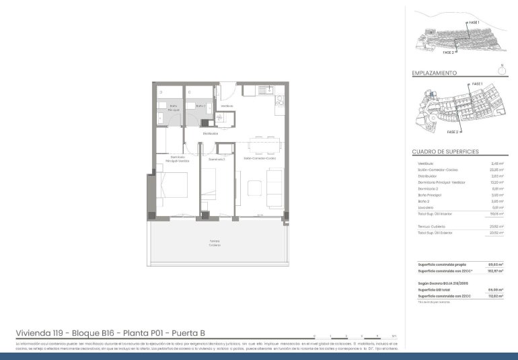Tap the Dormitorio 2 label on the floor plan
point(216,159)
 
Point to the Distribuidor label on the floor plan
point(211,133)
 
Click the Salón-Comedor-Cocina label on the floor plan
point(257,159)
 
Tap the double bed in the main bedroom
point(173,188)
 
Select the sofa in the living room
point(276,188)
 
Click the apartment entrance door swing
point(228,91)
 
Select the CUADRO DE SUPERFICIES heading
point(445,152)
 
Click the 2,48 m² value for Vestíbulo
point(498,164)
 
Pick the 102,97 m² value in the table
point(496,271)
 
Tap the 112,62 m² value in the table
point(496,296)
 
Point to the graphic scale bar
point(354,336)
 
